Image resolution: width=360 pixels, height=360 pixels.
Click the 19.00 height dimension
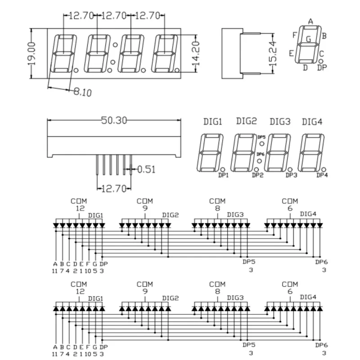31,54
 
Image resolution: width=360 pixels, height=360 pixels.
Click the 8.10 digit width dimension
83,92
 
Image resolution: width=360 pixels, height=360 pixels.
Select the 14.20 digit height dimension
195,53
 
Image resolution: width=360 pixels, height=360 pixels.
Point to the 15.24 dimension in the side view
273,54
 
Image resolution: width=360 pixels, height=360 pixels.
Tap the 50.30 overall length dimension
114,120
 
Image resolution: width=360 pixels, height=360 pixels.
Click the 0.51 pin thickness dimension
146,170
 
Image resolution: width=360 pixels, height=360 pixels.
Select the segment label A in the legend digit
310,22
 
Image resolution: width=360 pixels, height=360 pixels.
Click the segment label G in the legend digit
309,39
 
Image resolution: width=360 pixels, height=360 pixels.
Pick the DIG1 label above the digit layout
212,121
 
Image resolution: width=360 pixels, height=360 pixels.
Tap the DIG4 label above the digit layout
312,121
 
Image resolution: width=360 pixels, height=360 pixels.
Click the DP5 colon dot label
261,137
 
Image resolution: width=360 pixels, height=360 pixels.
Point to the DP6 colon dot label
261,154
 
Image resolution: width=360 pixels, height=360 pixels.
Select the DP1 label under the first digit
223,175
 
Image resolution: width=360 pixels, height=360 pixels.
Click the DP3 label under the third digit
291,175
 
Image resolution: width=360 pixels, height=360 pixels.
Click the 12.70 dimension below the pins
114,189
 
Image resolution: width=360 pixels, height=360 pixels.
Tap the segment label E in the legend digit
291,54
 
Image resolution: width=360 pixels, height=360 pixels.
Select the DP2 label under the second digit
257,175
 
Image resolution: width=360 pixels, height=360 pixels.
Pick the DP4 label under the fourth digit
322,175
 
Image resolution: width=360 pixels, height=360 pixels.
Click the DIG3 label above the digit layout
280,121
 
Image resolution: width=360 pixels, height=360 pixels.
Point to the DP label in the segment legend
322,67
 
